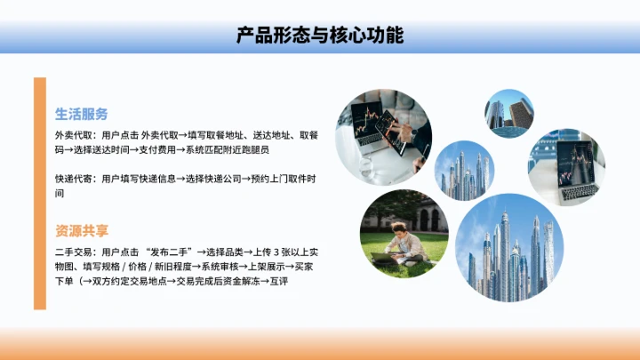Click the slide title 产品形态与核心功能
(x=320, y=36)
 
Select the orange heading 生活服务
(x=82, y=114)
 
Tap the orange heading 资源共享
(x=82, y=230)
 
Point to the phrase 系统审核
(x=218, y=267)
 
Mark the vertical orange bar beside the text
(x=39, y=193)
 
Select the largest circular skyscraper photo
(x=509, y=248)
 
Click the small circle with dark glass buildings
(x=508, y=114)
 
